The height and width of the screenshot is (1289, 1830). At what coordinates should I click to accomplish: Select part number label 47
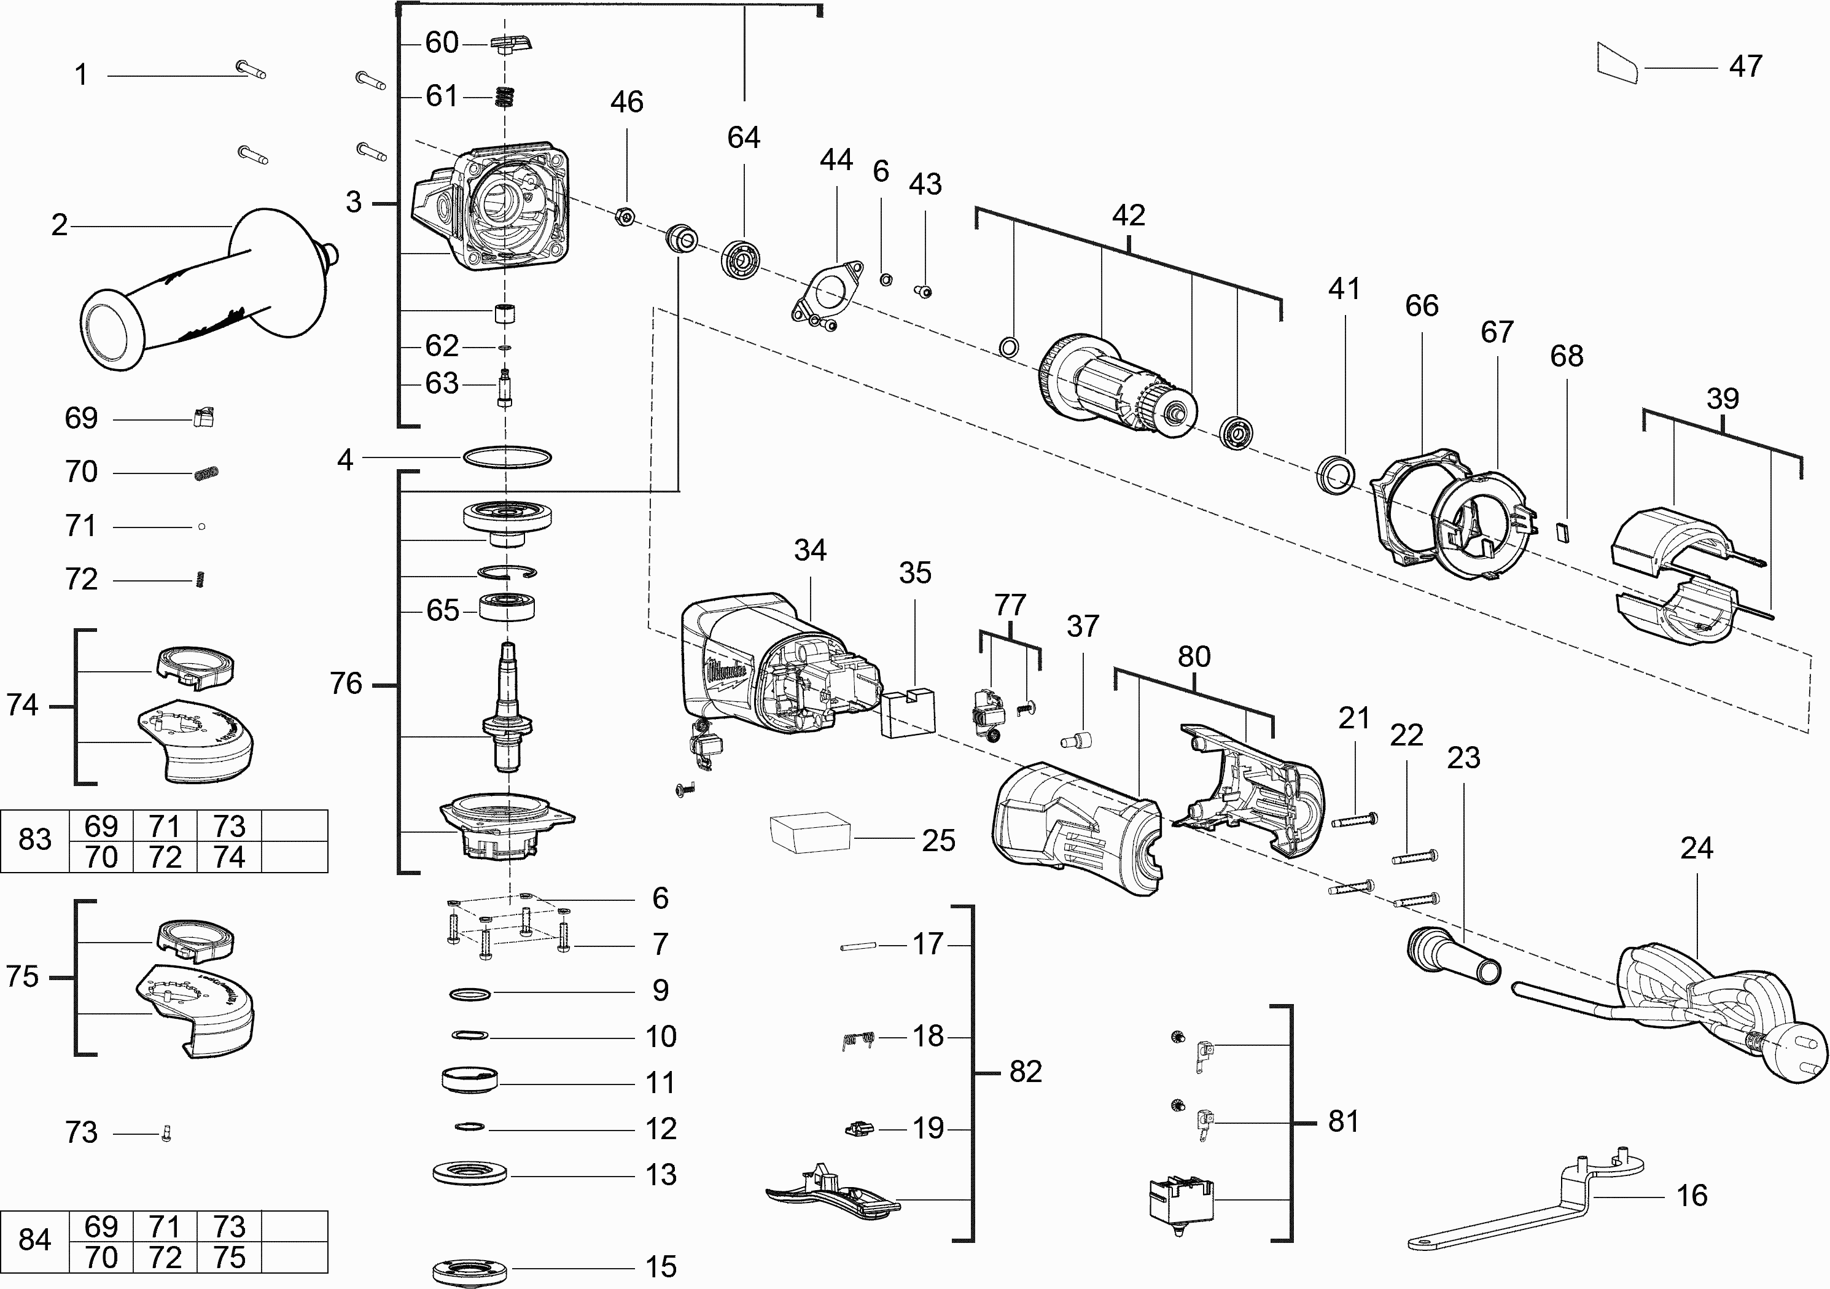point(1745,66)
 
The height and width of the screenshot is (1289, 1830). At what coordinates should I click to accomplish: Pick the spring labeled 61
point(505,96)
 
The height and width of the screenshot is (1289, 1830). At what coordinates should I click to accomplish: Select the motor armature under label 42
point(1116,391)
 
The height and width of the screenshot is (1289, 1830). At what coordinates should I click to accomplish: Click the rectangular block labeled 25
point(809,832)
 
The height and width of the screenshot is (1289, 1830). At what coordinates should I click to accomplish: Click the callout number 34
point(810,550)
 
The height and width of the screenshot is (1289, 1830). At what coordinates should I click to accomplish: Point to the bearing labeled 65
point(507,607)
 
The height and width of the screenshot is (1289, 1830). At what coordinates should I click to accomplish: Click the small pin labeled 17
point(859,946)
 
